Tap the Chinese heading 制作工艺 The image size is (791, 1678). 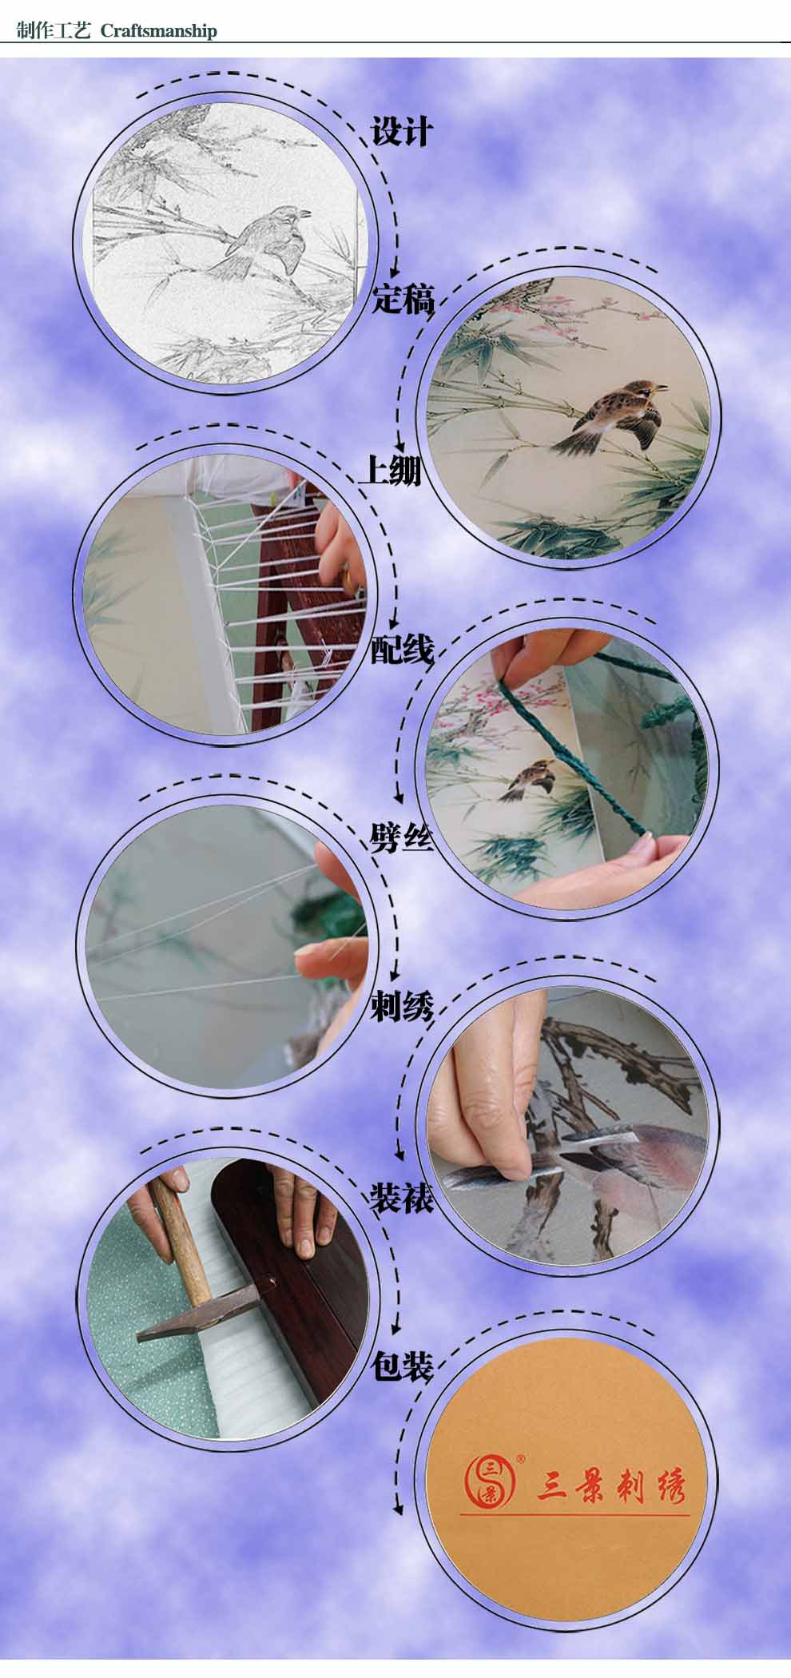click(54, 31)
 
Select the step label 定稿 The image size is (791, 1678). click(403, 300)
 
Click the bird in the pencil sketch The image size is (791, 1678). click(264, 241)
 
